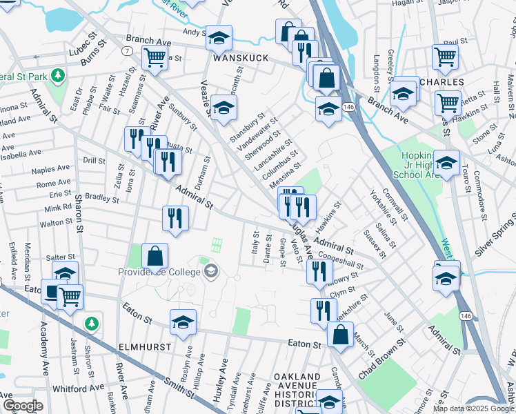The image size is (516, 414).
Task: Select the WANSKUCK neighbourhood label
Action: coord(240,58)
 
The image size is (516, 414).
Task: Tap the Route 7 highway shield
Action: coord(127,51)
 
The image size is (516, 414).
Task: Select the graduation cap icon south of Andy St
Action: coord(219,38)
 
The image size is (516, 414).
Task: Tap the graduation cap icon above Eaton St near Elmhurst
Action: coord(183,322)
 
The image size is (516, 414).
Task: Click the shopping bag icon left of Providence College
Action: coord(155,255)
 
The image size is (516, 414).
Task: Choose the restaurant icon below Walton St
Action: coord(175,219)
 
